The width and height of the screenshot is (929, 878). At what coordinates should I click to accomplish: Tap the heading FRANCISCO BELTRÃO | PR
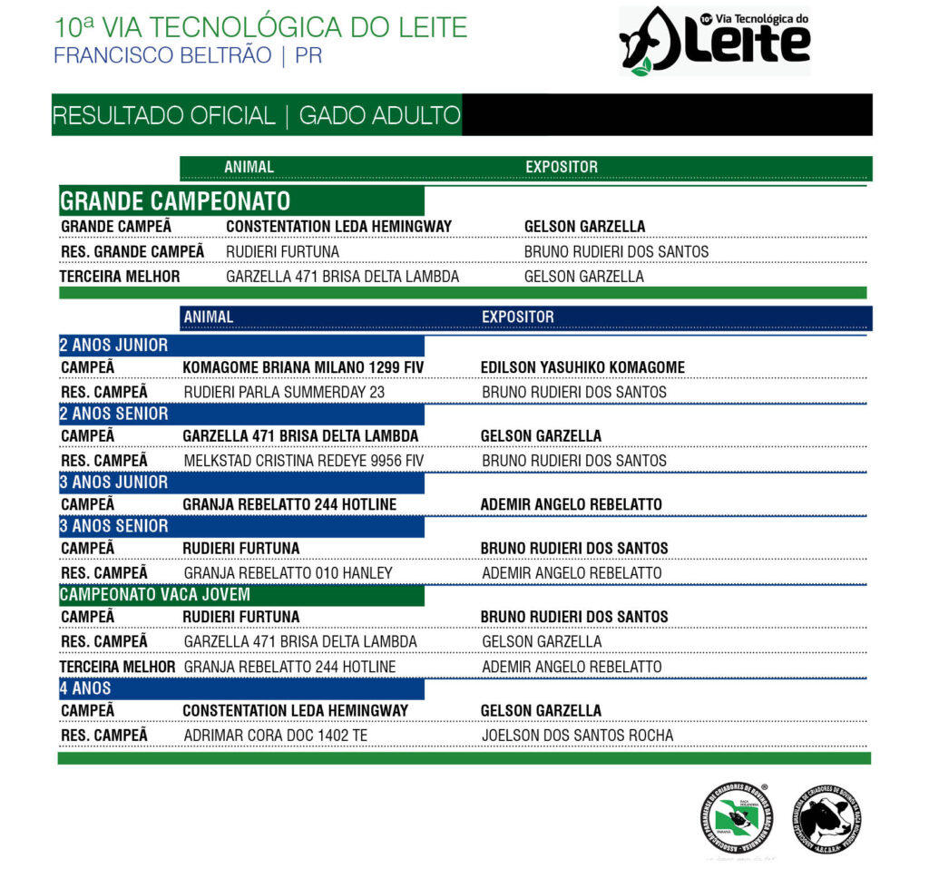click(188, 55)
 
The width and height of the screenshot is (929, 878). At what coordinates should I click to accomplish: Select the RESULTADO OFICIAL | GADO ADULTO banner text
click(256, 116)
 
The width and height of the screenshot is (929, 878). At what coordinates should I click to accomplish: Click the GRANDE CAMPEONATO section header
click(175, 200)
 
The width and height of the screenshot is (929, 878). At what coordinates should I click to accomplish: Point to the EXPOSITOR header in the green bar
click(562, 167)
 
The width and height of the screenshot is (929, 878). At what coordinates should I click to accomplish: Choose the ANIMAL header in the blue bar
click(208, 317)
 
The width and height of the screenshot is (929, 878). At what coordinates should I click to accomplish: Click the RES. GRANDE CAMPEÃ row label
click(132, 251)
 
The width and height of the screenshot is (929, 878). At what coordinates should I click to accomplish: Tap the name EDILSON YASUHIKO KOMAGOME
click(582, 367)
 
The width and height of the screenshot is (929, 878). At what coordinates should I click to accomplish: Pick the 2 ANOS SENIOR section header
click(114, 414)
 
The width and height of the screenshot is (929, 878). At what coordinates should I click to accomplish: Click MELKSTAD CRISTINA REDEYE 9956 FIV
click(303, 461)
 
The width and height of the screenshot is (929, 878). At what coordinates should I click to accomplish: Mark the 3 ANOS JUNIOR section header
click(114, 483)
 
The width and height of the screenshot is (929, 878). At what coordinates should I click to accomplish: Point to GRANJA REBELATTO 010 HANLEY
click(288, 573)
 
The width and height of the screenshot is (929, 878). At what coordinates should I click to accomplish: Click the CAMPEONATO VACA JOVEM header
click(154, 595)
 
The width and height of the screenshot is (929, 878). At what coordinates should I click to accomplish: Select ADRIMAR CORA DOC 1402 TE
click(275, 736)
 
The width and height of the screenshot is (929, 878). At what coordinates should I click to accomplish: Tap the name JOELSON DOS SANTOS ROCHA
click(577, 736)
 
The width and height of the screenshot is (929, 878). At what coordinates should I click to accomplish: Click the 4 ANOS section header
click(85, 688)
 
